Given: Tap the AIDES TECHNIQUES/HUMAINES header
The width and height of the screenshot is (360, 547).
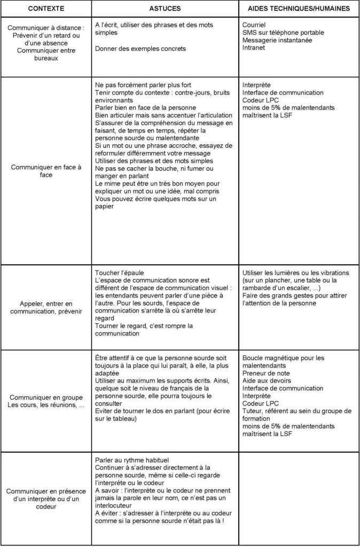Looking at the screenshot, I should point(299,9).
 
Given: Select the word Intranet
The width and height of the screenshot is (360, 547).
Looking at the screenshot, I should point(253,48).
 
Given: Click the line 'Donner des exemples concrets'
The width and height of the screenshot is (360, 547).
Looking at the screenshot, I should point(140,48).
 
